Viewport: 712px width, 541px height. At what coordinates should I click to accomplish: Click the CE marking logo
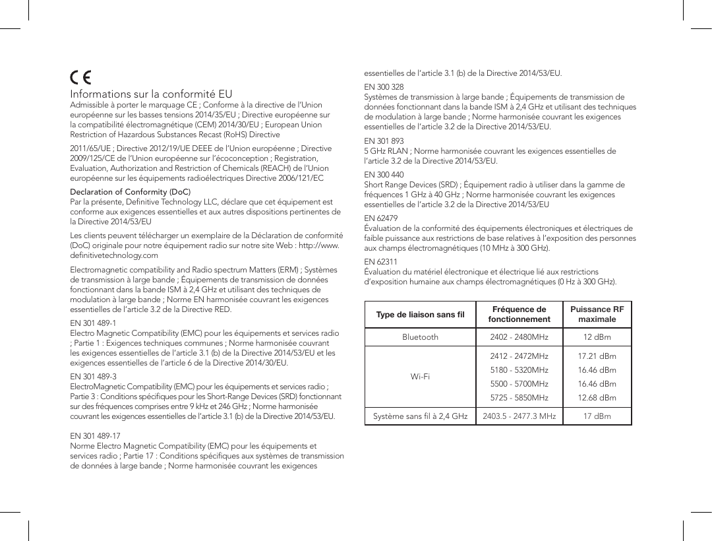tap(81, 77)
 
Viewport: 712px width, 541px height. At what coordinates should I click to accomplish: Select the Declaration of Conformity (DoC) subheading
tap(130, 192)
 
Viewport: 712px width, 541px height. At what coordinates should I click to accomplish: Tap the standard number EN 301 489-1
tap(93, 323)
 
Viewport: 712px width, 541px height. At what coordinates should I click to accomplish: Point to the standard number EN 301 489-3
tap(93, 375)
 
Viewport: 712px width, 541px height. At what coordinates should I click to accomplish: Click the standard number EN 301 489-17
tap(95, 436)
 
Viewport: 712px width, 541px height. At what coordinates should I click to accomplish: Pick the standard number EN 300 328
tap(384, 87)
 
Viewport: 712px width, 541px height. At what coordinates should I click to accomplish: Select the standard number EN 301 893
tap(384, 141)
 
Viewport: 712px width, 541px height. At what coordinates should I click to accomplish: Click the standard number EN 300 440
tap(384, 175)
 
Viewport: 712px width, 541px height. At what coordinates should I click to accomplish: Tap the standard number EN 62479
tap(381, 218)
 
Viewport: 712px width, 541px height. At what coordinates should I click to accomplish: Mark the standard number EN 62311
tap(381, 262)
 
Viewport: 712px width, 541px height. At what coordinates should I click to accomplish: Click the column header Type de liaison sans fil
tap(420, 314)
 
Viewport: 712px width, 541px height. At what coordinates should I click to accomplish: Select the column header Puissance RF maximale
tap(597, 314)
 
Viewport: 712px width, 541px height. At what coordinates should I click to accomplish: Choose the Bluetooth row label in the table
tap(420, 337)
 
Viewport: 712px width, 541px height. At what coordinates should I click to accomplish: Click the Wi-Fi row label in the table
tap(420, 377)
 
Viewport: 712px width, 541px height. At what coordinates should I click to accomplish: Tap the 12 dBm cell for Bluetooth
tap(597, 337)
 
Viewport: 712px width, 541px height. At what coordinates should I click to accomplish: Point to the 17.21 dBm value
tap(597, 356)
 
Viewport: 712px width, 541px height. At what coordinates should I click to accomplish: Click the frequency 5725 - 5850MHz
tap(519, 397)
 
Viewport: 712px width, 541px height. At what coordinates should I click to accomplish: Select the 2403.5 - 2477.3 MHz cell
tap(519, 416)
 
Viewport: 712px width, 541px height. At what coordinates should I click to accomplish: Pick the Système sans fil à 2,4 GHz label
tap(420, 416)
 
